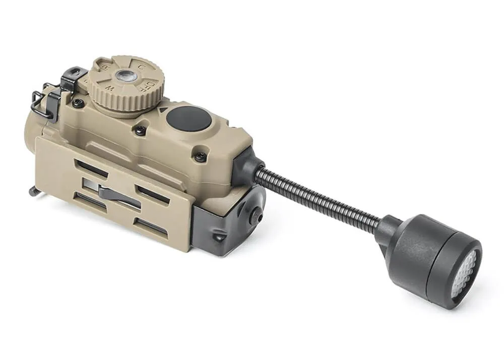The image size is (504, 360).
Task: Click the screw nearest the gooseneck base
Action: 200,157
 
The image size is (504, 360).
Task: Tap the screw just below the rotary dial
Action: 141,130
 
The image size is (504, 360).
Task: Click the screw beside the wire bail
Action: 78,103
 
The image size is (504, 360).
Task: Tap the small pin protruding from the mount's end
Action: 33,191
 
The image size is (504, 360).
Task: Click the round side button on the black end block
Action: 257,215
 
